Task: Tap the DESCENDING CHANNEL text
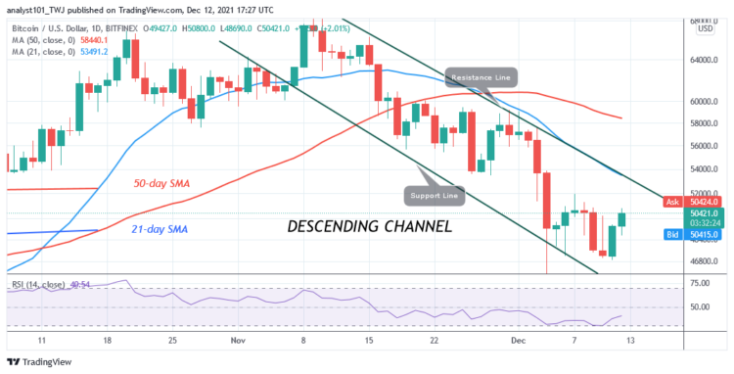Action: [369, 226]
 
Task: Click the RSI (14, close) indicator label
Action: [29, 285]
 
